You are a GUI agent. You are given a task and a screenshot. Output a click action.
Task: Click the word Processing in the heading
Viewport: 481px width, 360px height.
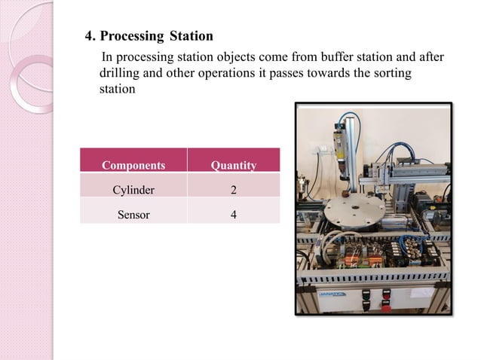coord(133,36)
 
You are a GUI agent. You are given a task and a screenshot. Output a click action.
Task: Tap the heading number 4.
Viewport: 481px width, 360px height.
coord(87,36)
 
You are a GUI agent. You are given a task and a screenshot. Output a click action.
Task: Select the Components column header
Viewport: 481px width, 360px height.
coord(133,165)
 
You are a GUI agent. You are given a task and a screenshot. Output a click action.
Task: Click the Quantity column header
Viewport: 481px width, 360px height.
coord(233,165)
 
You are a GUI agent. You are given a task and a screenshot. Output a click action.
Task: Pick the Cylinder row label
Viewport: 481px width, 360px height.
coord(133,191)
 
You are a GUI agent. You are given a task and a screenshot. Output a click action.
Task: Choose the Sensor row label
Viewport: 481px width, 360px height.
coord(133,215)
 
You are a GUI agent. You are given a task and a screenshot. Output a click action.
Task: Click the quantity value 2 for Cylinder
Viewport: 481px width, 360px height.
coord(233,191)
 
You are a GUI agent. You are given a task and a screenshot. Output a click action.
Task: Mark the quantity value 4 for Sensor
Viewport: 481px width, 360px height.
coord(233,215)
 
